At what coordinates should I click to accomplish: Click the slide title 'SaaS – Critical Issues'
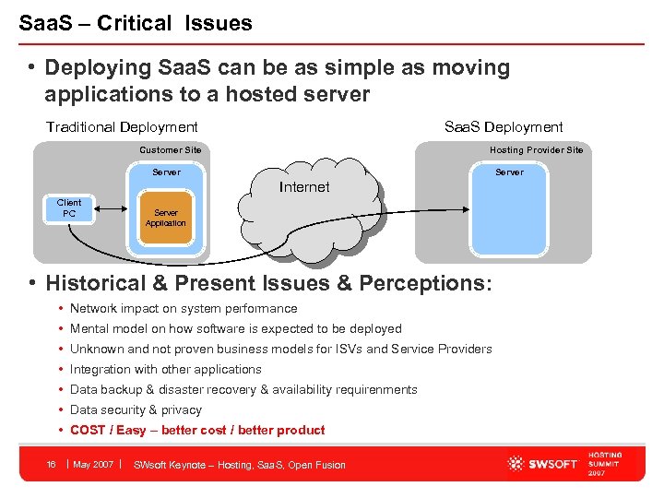click(x=136, y=23)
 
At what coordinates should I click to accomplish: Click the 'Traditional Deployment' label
click(x=122, y=127)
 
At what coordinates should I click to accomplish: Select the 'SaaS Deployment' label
click(x=504, y=127)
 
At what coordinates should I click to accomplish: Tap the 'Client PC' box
click(x=69, y=208)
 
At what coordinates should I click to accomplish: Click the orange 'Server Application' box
click(x=166, y=218)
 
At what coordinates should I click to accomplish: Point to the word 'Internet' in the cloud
click(x=303, y=187)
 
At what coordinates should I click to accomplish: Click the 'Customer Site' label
click(x=170, y=150)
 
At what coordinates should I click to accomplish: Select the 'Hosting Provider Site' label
click(x=536, y=150)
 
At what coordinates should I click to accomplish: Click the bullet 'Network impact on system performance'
click(x=184, y=309)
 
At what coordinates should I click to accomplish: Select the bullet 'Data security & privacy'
click(x=136, y=410)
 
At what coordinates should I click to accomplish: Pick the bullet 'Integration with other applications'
click(x=166, y=370)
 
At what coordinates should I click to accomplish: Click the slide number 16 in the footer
click(x=52, y=465)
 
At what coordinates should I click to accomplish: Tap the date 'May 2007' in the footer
click(x=93, y=465)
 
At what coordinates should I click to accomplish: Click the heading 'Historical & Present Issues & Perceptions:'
click(x=269, y=283)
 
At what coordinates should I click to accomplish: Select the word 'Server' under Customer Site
click(x=166, y=172)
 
